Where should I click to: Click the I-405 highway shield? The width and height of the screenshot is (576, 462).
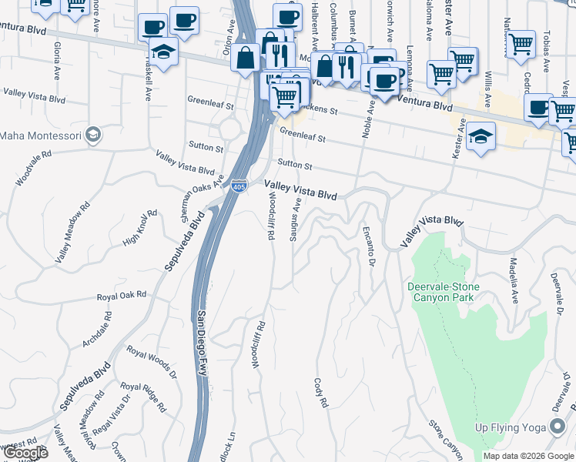(x=239, y=186)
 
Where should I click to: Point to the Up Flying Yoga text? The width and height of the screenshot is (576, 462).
(x=510, y=427)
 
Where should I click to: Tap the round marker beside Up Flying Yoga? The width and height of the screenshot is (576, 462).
(x=558, y=427)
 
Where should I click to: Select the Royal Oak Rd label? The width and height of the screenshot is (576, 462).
(x=121, y=296)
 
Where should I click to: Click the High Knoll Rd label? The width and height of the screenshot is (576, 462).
(x=140, y=229)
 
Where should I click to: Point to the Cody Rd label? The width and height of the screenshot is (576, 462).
(x=320, y=392)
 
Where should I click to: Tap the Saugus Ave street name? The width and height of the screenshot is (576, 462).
(x=293, y=219)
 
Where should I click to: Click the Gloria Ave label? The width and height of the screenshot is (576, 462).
(x=57, y=62)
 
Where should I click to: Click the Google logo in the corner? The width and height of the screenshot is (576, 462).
(x=25, y=453)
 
